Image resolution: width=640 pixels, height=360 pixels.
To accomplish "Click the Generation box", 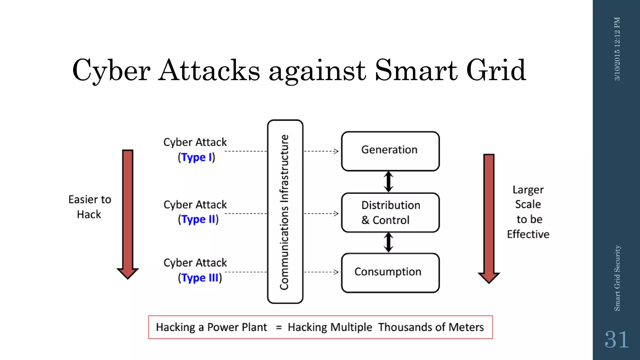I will click(390, 151).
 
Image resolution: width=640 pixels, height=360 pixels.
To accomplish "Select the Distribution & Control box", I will click(390, 212).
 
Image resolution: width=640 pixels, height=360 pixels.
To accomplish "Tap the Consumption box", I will click(390, 272).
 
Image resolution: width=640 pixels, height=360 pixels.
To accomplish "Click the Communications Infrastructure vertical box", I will click(285, 212).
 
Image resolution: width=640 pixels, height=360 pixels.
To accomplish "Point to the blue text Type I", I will click(197, 157).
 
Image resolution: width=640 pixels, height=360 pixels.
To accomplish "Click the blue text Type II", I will click(198, 219).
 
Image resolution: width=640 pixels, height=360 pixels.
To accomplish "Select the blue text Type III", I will click(200, 277).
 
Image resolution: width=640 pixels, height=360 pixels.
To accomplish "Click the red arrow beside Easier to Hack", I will click(127, 212).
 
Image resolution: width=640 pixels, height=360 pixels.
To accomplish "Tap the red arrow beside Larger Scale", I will click(489, 217).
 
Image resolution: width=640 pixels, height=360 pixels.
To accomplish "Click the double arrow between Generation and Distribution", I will click(388, 182).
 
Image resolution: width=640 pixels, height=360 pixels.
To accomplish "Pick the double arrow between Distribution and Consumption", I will click(388, 242).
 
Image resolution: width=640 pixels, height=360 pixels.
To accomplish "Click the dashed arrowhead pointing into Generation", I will click(336, 151).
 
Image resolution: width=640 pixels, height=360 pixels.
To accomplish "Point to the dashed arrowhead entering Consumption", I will click(336, 272).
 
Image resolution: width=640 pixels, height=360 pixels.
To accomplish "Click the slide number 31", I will click(616, 340).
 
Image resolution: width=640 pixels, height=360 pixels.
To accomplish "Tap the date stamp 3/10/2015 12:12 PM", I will click(617, 49).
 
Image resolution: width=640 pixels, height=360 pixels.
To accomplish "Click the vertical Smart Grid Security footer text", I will click(617, 278).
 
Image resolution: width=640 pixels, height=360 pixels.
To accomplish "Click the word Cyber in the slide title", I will click(111, 71).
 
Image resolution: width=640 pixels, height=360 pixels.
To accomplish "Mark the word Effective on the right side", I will click(528, 234).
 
